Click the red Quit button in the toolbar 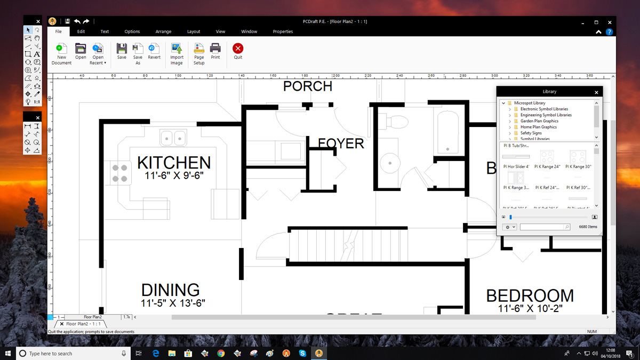[x=238, y=49]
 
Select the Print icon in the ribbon [x=215, y=49]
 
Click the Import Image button [x=177, y=49]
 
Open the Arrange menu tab [x=163, y=31]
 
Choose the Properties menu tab [x=283, y=31]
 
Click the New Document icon [x=62, y=49]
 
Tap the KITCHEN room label [x=174, y=163]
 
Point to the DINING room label [x=170, y=290]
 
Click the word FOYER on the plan [x=341, y=143]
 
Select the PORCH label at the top [x=308, y=86]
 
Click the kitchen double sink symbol [x=173, y=138]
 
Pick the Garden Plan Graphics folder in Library [x=539, y=121]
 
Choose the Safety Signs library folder [x=531, y=133]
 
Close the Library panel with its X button [x=596, y=92]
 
